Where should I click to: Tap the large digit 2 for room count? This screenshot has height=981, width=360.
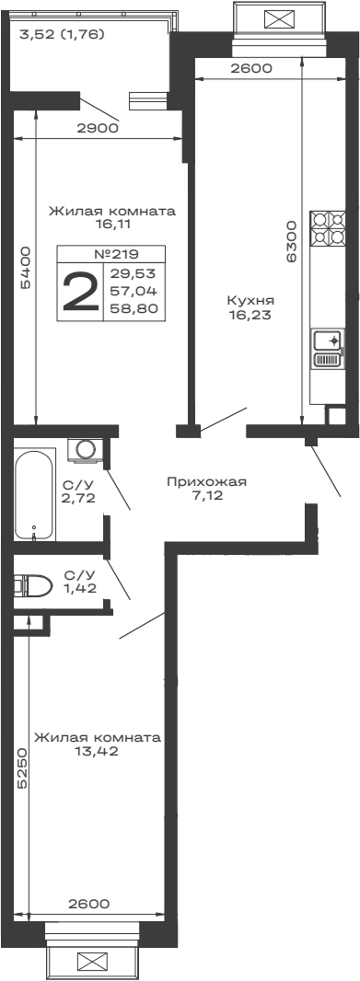tap(80, 293)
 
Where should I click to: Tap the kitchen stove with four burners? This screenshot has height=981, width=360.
tap(328, 227)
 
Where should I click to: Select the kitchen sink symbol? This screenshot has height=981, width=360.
tap(328, 349)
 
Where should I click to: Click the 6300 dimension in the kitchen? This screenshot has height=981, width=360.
tap(291, 242)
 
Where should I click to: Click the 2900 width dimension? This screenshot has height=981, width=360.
tap(97, 129)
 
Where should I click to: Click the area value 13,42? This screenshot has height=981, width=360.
tap(97, 751)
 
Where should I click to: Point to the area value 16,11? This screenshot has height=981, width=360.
tap(110, 223)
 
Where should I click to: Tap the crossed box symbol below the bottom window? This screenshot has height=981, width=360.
tap(93, 962)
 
